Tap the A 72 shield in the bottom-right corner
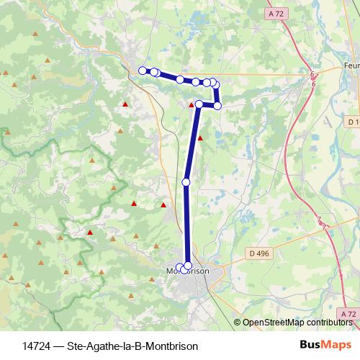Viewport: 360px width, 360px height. (x=348, y=314)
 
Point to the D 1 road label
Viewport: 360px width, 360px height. (x=351, y=122)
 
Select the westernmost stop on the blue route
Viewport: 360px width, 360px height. (x=143, y=70)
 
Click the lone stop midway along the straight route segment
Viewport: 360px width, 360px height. (x=186, y=182)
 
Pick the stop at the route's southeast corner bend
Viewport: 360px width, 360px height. (x=217, y=106)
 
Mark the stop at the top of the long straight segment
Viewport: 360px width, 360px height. (x=199, y=104)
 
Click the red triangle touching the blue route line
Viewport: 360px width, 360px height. (x=191, y=105)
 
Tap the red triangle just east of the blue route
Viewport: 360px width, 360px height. (x=201, y=138)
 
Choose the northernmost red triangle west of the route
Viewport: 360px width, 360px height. (x=125, y=105)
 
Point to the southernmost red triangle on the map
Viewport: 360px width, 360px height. (x=90, y=232)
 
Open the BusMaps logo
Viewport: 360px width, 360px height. (x=326, y=345)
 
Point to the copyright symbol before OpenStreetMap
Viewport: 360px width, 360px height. (x=238, y=323)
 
